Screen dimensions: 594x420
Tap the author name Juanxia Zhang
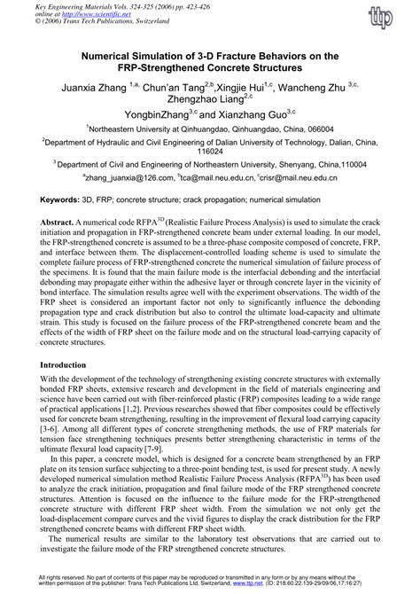pos(94,90)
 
